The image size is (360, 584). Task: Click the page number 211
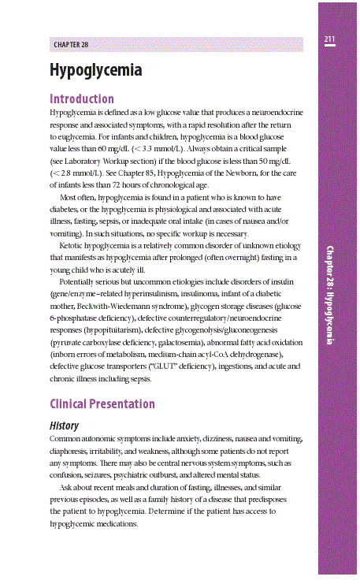coord(329,39)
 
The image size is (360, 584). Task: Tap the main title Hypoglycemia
coord(95,71)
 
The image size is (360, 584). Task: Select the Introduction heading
coord(82,99)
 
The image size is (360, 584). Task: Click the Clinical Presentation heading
coord(102,404)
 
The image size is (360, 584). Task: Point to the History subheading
coord(65,426)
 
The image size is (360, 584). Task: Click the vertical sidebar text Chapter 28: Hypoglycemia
coord(330,293)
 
